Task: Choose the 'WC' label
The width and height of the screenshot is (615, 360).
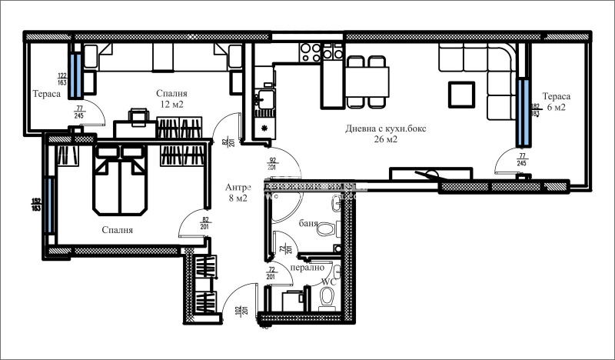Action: pos(327,282)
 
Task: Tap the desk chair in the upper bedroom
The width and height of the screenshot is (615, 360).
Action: pos(138,115)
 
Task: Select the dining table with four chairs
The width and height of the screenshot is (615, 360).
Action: pos(367,82)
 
